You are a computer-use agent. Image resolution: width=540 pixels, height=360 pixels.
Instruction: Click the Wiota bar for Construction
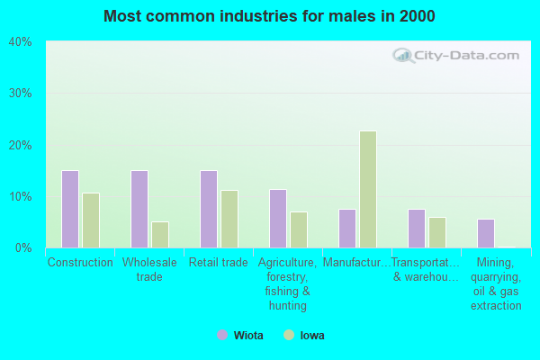[70, 209]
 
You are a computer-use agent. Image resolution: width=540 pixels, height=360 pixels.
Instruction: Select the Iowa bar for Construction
[91, 220]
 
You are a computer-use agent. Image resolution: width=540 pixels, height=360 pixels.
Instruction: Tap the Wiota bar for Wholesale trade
[139, 209]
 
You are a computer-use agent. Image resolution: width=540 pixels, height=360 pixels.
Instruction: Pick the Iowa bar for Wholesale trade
[160, 235]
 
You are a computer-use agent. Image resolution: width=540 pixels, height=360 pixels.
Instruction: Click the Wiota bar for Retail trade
[209, 209]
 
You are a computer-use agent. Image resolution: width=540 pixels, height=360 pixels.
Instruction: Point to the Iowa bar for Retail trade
[229, 219]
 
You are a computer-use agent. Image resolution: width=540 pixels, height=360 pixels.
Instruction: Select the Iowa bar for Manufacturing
[368, 189]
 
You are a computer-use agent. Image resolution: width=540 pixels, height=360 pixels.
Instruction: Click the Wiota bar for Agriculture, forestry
[278, 219]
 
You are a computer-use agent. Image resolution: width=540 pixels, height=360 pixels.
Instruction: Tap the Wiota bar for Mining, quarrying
[486, 233]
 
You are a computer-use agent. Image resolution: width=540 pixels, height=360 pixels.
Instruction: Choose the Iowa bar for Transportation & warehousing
[437, 232]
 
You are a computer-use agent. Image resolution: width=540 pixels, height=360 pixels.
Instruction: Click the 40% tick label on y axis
[20, 41]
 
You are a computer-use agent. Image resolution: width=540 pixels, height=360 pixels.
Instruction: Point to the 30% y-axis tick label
[20, 94]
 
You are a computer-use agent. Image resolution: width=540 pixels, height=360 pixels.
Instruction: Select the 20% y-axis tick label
[20, 145]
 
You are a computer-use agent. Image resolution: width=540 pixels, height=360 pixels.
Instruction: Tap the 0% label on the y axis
[23, 247]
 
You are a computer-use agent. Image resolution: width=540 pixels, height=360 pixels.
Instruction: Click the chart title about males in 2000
[269, 16]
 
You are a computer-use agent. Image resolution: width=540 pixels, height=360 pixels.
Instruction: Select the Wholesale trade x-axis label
[149, 270]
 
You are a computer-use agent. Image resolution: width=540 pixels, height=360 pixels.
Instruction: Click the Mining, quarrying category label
[496, 284]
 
